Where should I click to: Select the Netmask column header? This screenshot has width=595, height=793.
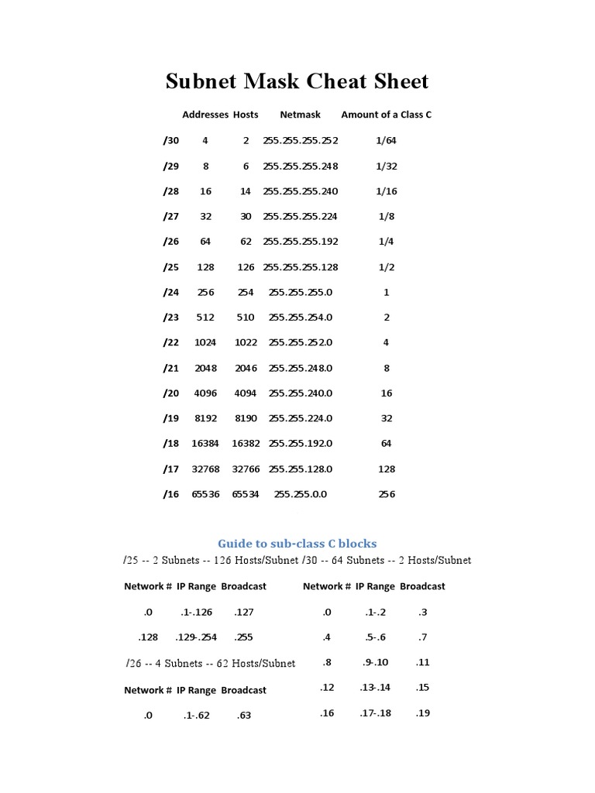300,115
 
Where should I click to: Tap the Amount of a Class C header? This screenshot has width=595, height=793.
386,115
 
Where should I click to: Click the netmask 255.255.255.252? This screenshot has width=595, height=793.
301,141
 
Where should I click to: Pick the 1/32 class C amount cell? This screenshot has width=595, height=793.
386,166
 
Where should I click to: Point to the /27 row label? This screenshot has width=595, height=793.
170,217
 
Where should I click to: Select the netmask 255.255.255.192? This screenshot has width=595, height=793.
301,242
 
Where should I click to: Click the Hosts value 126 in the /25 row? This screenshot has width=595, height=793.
246,267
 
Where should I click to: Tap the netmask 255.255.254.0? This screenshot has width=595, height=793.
301,318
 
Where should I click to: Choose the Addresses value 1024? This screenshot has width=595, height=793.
205,342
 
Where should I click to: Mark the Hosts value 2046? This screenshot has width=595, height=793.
246,368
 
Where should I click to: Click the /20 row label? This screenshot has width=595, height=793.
170,393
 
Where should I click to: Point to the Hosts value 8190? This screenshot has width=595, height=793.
246,418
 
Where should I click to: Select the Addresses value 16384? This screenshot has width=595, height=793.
205,444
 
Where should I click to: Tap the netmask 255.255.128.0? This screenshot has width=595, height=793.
301,469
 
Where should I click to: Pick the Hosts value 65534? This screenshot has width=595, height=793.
246,494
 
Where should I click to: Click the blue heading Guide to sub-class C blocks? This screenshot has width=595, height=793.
297,543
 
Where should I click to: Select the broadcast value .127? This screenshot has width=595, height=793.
244,612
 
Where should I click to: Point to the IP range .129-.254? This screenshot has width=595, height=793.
196,637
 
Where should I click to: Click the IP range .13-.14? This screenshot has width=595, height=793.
376,688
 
